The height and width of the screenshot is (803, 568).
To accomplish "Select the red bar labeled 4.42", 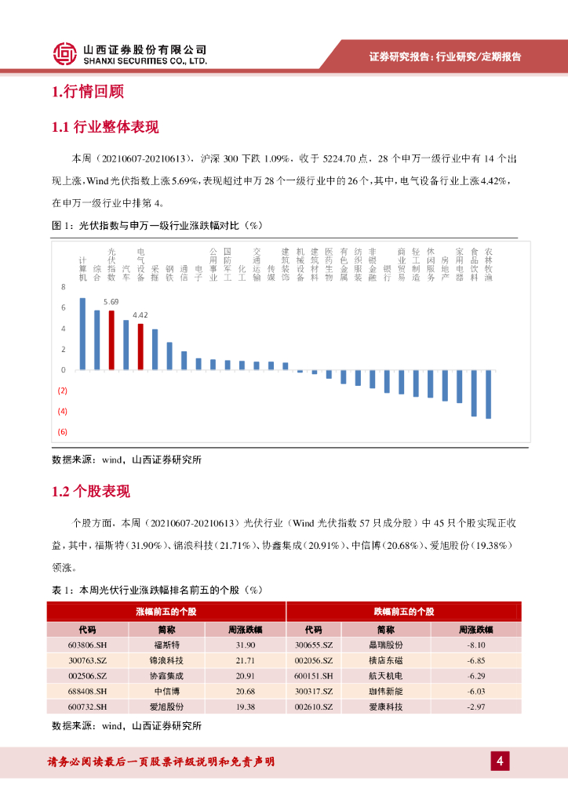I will point(140,346).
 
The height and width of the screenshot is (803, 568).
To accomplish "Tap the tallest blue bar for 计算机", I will point(82,333).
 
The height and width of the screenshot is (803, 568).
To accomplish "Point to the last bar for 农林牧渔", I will point(489,394).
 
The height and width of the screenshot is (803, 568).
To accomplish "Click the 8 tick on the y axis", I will point(63,287).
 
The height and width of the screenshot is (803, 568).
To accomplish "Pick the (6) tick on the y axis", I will point(62,432).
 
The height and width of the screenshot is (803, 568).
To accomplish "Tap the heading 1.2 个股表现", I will point(90,492).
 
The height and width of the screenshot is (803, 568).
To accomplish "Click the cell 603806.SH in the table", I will point(86,645).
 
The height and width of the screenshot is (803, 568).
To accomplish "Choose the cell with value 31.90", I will point(245,645).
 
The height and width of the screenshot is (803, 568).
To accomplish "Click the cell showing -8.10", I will point(476,645).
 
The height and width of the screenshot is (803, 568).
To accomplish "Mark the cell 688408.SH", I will point(86,691).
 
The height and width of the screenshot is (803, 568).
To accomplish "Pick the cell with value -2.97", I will point(476,707).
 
